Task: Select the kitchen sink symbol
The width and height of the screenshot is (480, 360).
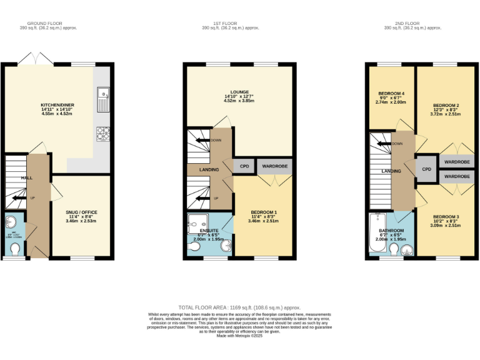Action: click(102, 97)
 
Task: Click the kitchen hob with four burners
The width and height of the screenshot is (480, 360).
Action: click(102, 134)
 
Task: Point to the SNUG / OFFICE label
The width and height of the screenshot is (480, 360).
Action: click(81, 212)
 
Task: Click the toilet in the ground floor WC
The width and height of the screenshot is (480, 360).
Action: click(15, 249)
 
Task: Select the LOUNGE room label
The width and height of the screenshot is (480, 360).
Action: click(239, 92)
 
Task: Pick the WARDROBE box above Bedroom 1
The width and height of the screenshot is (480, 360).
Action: click(274, 166)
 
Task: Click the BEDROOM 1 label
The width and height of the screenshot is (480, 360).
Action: click(263, 212)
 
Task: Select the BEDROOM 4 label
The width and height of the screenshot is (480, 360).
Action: click(391, 94)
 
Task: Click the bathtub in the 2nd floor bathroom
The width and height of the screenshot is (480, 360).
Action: click(376, 234)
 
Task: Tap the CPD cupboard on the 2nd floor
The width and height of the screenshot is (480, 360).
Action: click(427, 169)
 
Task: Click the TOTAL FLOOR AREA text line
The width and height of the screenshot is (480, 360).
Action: click(239, 307)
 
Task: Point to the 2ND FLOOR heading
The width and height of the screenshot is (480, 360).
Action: click(412, 25)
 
